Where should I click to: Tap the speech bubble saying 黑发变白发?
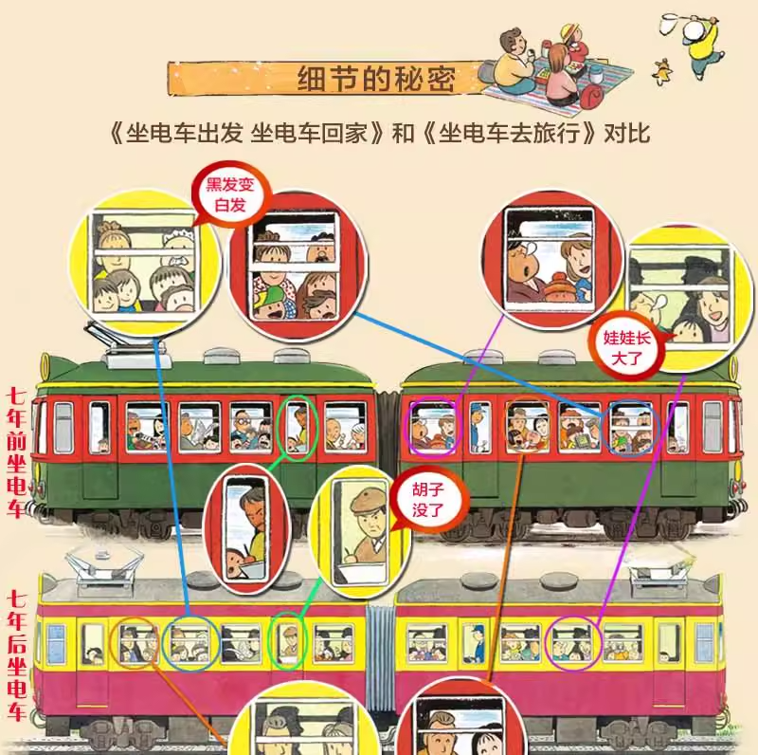(230, 194)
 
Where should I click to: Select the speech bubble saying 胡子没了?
(427, 500)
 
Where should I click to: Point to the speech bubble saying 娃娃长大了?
(625, 347)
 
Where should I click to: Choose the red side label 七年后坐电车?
(16, 655)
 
